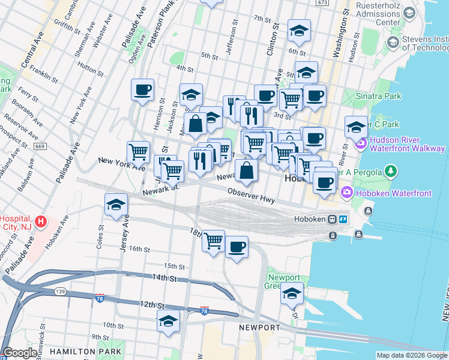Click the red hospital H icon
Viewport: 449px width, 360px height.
[x=40, y=221]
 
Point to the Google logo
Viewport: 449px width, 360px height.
[x=20, y=353]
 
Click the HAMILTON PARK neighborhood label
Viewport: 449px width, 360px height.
[x=86, y=351]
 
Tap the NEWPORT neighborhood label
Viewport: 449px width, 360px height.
[x=259, y=328]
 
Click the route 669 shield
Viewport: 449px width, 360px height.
[x=40, y=146]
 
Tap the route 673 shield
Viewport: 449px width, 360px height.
[x=323, y=3]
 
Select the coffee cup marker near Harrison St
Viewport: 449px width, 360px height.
[x=143, y=90]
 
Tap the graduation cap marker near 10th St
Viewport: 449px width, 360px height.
[x=168, y=321]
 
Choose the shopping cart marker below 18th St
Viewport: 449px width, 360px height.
[x=213, y=241]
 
